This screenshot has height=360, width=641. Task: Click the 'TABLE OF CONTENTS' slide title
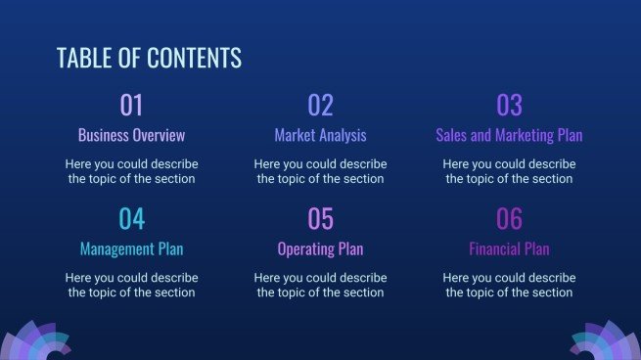[x=149, y=59]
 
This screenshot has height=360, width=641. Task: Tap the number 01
[x=131, y=105]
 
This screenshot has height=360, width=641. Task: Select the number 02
[x=320, y=105]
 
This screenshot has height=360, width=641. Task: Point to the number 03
[x=509, y=105]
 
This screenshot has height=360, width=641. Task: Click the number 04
[x=131, y=218]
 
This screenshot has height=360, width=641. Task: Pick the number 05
[x=320, y=218]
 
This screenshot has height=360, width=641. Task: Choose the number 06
[x=509, y=218]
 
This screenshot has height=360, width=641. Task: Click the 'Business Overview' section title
[x=131, y=135]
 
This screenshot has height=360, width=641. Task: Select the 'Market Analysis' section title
[x=320, y=135]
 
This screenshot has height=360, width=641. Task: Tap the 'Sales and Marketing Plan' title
[x=509, y=135]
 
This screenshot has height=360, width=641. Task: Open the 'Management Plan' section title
[x=131, y=248]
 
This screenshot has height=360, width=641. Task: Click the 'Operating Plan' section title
[x=320, y=248]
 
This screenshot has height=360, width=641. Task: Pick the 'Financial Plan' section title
[x=509, y=248]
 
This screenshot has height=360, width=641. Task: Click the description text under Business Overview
[x=131, y=171]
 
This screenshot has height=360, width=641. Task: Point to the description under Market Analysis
[x=320, y=171]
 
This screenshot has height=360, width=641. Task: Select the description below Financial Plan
[x=509, y=285]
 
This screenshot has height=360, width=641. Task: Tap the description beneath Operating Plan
[x=320, y=285]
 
